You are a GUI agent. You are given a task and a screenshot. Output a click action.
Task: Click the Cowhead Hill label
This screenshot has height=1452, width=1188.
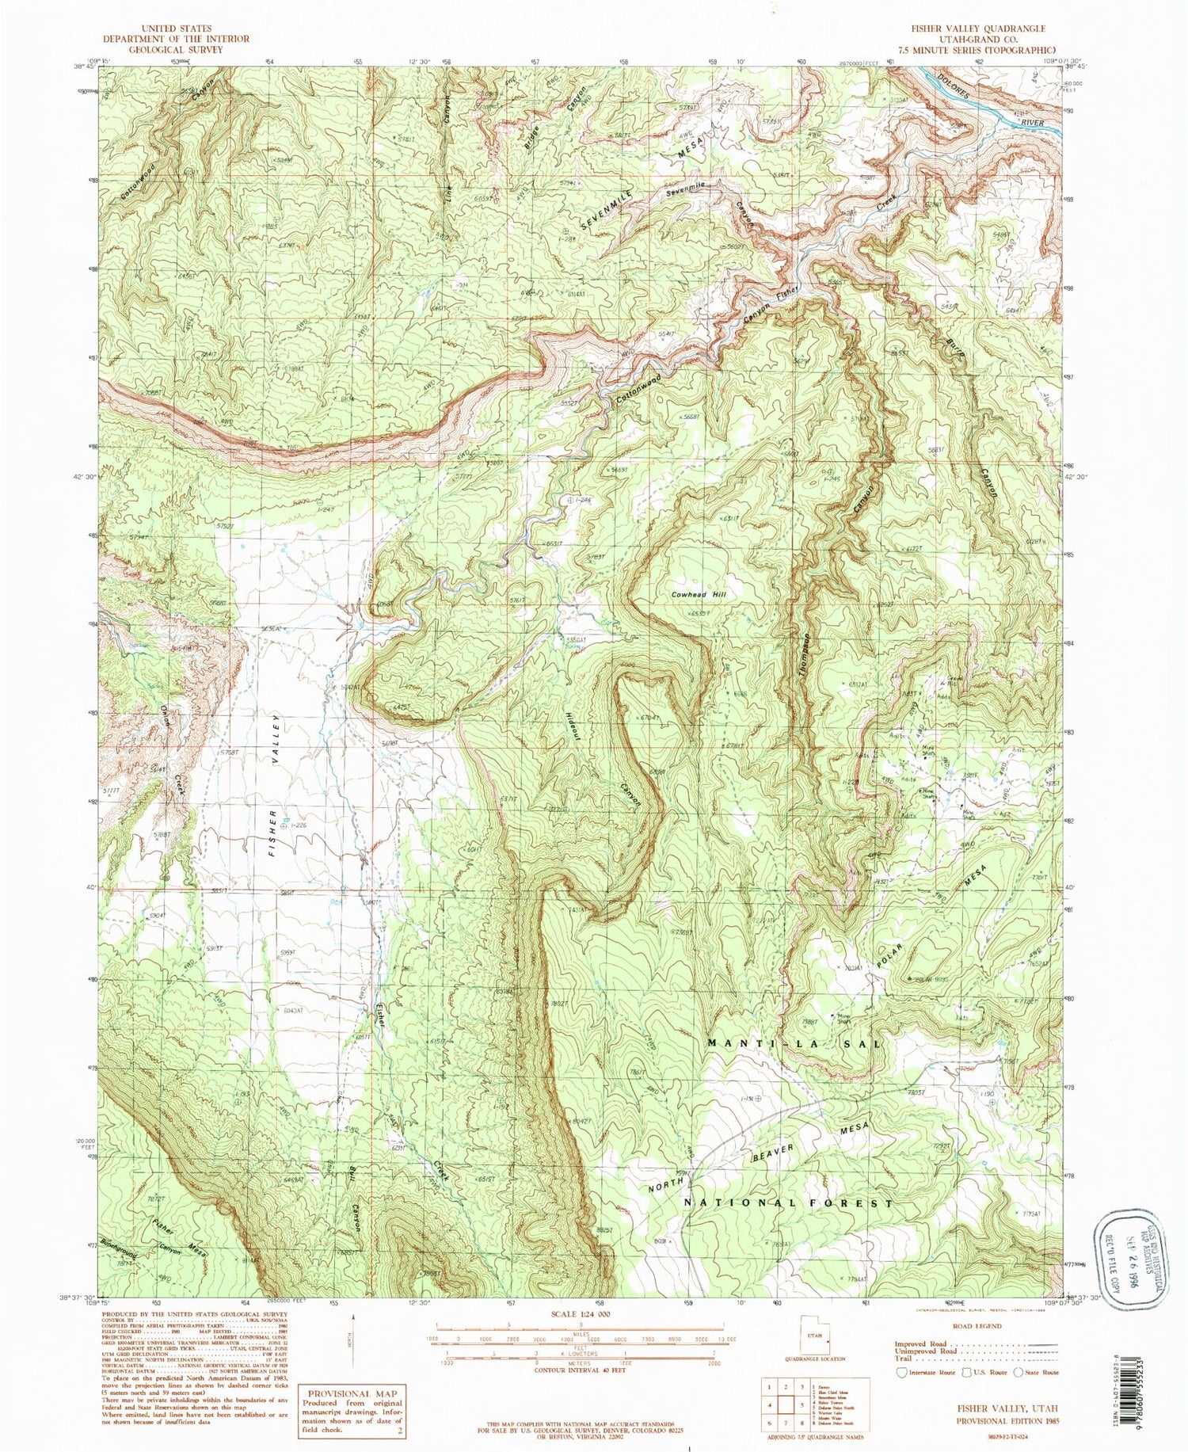point(699,594)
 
